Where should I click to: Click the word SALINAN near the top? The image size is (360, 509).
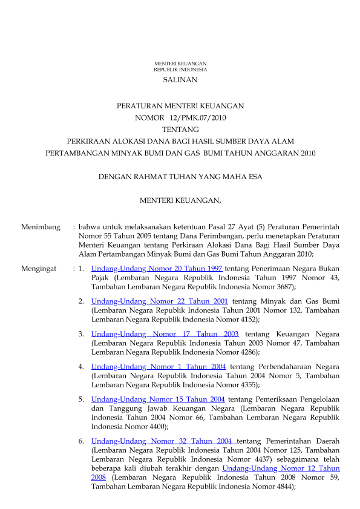tap(180, 79)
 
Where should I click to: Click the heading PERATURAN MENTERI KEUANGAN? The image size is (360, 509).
tap(180, 106)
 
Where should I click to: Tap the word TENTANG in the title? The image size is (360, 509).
tap(180, 129)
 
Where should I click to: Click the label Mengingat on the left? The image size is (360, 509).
tap(39, 268)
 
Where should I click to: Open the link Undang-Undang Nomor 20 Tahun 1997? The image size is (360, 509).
tap(156, 268)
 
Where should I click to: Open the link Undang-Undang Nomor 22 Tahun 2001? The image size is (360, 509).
tap(159, 301)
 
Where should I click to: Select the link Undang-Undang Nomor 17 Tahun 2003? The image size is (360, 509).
tap(165, 333)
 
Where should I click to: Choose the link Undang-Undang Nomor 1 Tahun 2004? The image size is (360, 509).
tap(159, 366)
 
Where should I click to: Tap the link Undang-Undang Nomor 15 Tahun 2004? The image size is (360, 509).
tap(158, 399)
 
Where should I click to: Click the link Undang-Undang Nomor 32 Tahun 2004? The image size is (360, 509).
tap(163, 441)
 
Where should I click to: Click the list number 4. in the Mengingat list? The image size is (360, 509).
tap(81, 366)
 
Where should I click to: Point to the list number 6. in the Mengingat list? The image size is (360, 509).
tap(81, 441)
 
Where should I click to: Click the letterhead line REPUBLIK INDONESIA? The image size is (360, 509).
tap(180, 70)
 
